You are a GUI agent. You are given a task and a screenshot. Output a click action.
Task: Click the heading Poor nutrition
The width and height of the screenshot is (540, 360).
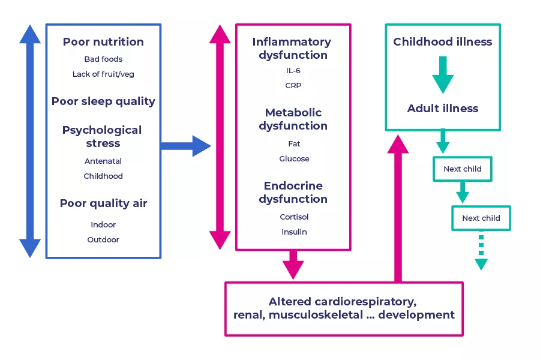click(x=103, y=42)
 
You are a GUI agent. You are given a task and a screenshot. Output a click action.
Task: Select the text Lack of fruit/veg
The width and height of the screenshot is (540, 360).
click(x=103, y=74)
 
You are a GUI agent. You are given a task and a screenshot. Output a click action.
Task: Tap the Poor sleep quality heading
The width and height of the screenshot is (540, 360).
click(x=103, y=101)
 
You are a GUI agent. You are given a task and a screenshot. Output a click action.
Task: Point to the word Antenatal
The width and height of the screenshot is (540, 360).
click(x=103, y=161)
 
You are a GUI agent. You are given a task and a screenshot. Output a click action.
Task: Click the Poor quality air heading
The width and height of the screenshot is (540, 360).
click(x=103, y=203)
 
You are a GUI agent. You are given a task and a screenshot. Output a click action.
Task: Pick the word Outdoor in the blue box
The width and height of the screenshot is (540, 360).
click(x=103, y=240)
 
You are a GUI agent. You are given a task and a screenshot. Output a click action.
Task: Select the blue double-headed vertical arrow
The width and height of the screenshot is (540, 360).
click(x=30, y=141)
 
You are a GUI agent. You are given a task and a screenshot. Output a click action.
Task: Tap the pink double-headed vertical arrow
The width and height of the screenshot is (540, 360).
click(x=220, y=137)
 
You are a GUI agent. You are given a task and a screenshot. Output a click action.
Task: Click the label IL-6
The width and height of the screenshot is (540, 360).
click(x=293, y=71)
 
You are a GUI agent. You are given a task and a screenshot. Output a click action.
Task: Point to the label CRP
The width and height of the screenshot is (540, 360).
click(x=293, y=86)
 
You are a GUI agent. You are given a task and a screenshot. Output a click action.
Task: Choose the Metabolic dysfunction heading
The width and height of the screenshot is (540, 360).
click(x=293, y=119)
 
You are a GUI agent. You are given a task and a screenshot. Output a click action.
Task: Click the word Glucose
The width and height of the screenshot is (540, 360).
click(x=294, y=159)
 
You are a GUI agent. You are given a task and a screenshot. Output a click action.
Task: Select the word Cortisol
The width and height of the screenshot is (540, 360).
click(x=294, y=217)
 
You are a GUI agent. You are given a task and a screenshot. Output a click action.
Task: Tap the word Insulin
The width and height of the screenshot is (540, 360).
click(x=294, y=232)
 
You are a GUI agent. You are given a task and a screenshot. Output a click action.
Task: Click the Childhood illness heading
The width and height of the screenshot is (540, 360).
click(x=442, y=42)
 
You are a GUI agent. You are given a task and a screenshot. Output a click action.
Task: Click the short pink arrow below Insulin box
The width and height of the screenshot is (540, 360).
click(x=293, y=265)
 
